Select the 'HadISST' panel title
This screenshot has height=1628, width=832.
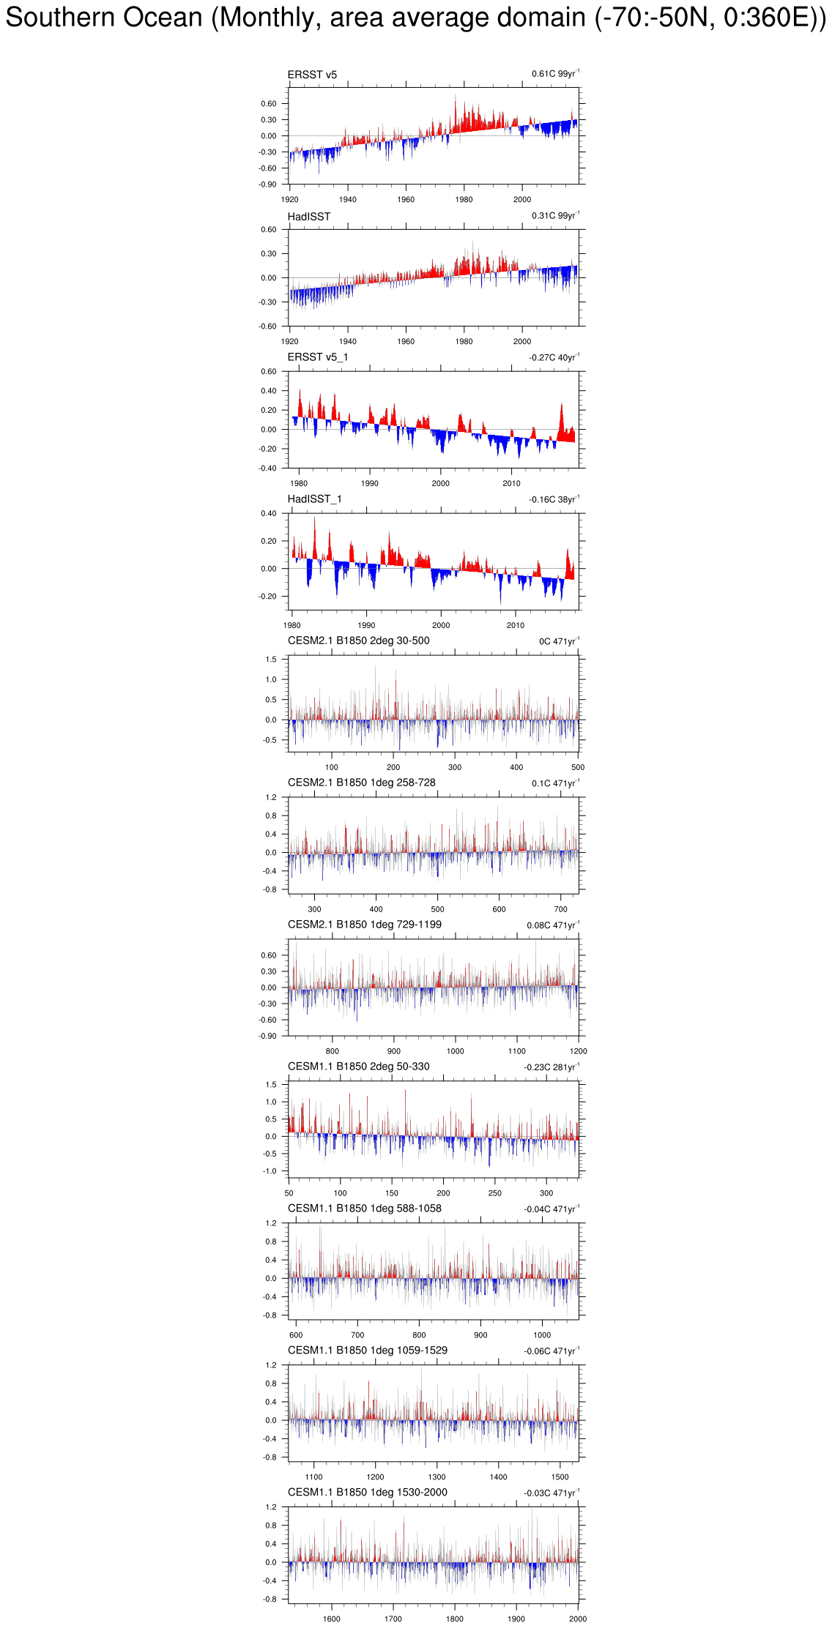point(308,217)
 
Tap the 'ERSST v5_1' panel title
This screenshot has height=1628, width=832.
point(317,357)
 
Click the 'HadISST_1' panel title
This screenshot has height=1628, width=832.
point(314,499)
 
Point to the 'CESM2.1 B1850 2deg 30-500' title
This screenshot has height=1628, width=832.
point(358,641)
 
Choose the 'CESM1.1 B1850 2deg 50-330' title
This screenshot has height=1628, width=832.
point(358,1067)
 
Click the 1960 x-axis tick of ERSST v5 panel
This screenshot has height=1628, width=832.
point(406,199)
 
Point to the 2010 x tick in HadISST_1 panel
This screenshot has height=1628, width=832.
point(516,625)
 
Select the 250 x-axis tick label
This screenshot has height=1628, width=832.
point(495,1193)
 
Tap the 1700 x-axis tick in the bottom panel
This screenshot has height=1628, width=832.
point(393,1618)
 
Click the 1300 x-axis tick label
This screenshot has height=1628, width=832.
point(437,1476)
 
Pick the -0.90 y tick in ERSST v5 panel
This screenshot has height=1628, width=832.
point(267,184)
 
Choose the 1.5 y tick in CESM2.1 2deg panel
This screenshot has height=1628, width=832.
point(271,660)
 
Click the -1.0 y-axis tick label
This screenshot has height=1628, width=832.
point(270,1171)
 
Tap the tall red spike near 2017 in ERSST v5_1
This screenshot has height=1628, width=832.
point(562,407)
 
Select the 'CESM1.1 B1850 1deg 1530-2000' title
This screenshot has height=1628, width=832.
point(367,1492)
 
